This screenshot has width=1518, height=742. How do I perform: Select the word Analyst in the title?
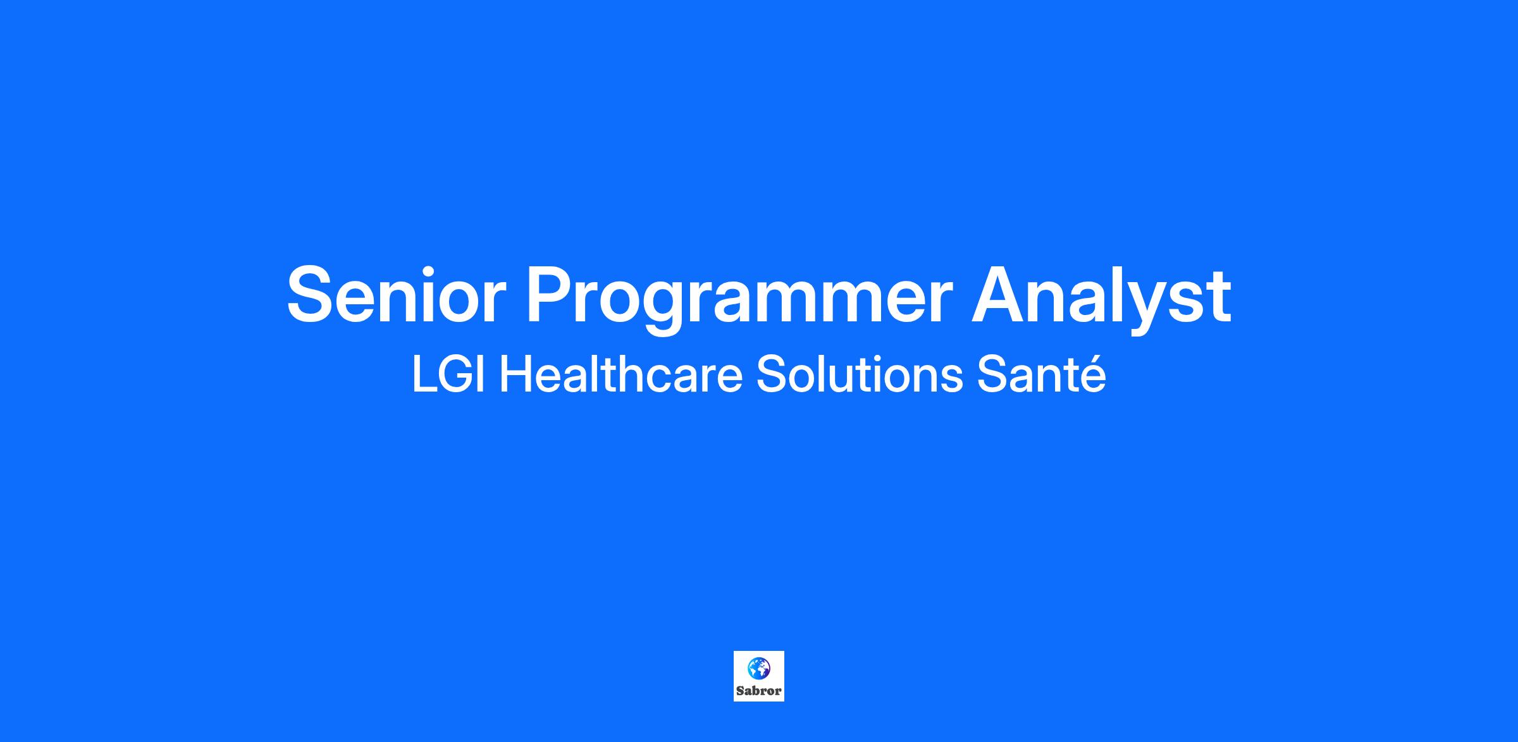click(x=1101, y=301)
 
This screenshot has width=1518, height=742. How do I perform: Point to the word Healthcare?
click(x=620, y=374)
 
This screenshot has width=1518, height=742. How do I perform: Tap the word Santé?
click(x=1042, y=374)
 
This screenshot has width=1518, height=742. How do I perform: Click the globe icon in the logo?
click(x=758, y=667)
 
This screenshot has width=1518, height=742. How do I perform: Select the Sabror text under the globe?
click(x=759, y=691)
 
